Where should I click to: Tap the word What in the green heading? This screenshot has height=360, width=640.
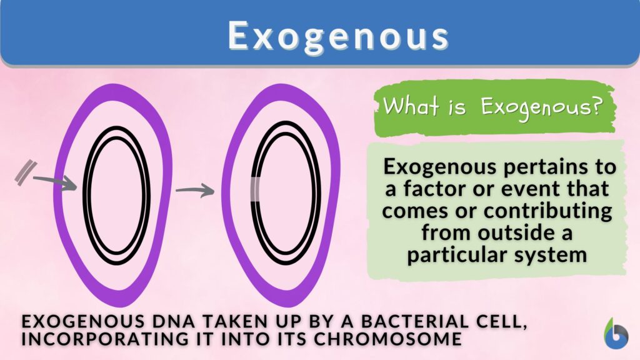tap(407, 106)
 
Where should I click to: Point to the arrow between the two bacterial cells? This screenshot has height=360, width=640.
tap(194, 191)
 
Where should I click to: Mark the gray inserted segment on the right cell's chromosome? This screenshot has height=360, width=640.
tap(256, 191)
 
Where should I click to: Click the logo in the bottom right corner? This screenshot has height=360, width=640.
tap(616, 333)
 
